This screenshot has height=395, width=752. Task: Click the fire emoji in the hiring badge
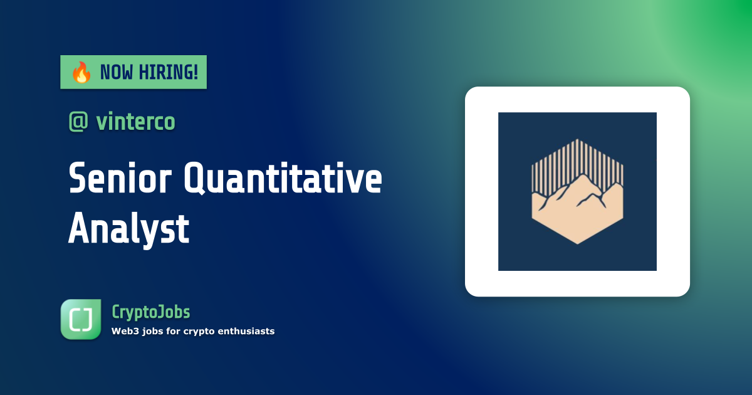(80, 73)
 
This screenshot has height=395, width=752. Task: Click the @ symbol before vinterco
(79, 122)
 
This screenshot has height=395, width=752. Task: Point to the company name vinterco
(135, 122)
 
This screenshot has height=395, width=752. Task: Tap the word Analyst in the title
(128, 229)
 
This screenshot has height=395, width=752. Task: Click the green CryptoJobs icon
(81, 319)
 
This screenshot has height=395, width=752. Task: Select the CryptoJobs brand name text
(150, 312)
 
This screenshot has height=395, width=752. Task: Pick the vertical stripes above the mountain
(577, 160)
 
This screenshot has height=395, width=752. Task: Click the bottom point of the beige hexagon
(577, 243)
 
